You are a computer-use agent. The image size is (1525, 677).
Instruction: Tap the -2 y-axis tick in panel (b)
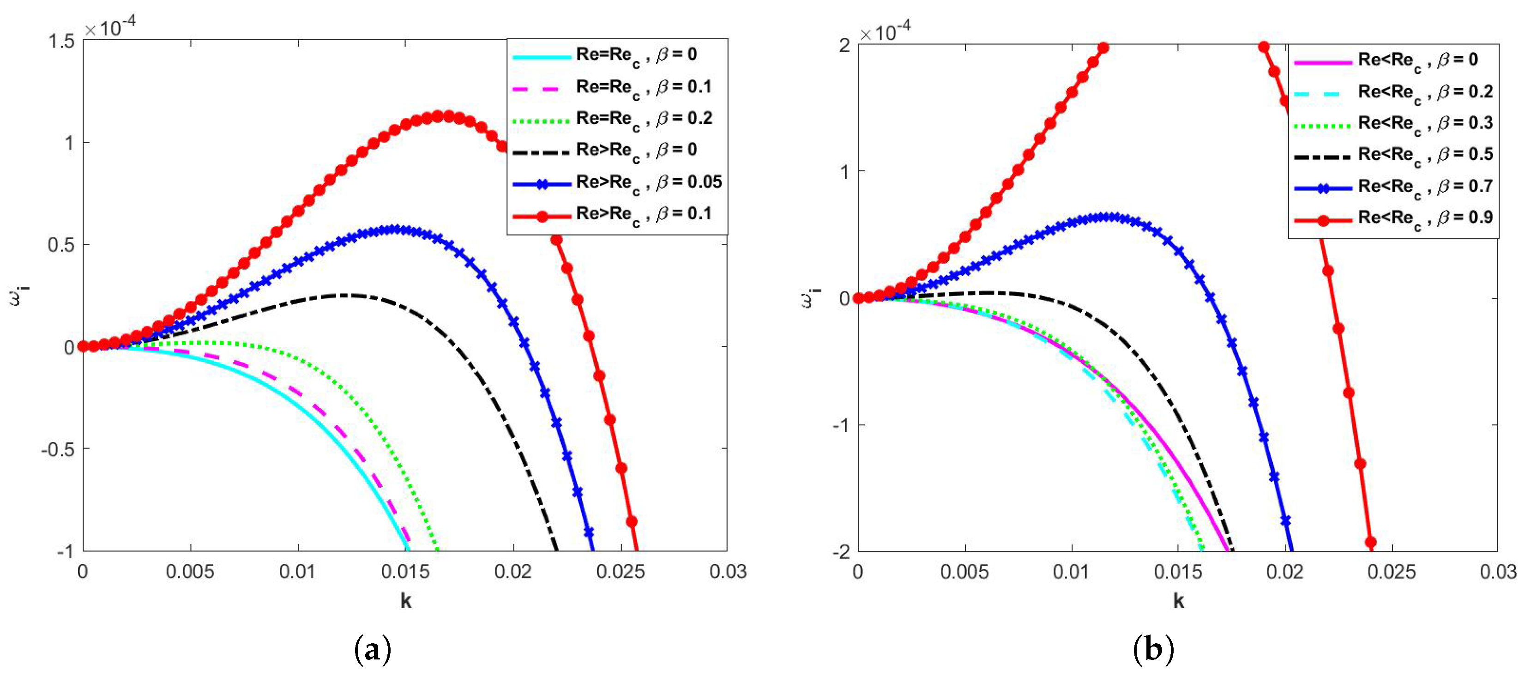(x=839, y=551)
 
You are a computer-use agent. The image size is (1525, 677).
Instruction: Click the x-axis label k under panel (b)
(x=1179, y=601)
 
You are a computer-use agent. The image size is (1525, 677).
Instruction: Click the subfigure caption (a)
(x=373, y=650)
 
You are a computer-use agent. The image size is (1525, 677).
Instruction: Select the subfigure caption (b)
(x=1152, y=650)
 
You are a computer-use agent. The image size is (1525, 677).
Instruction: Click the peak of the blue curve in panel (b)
(x=1105, y=217)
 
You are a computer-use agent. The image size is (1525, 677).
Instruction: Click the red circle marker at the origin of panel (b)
(x=858, y=297)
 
